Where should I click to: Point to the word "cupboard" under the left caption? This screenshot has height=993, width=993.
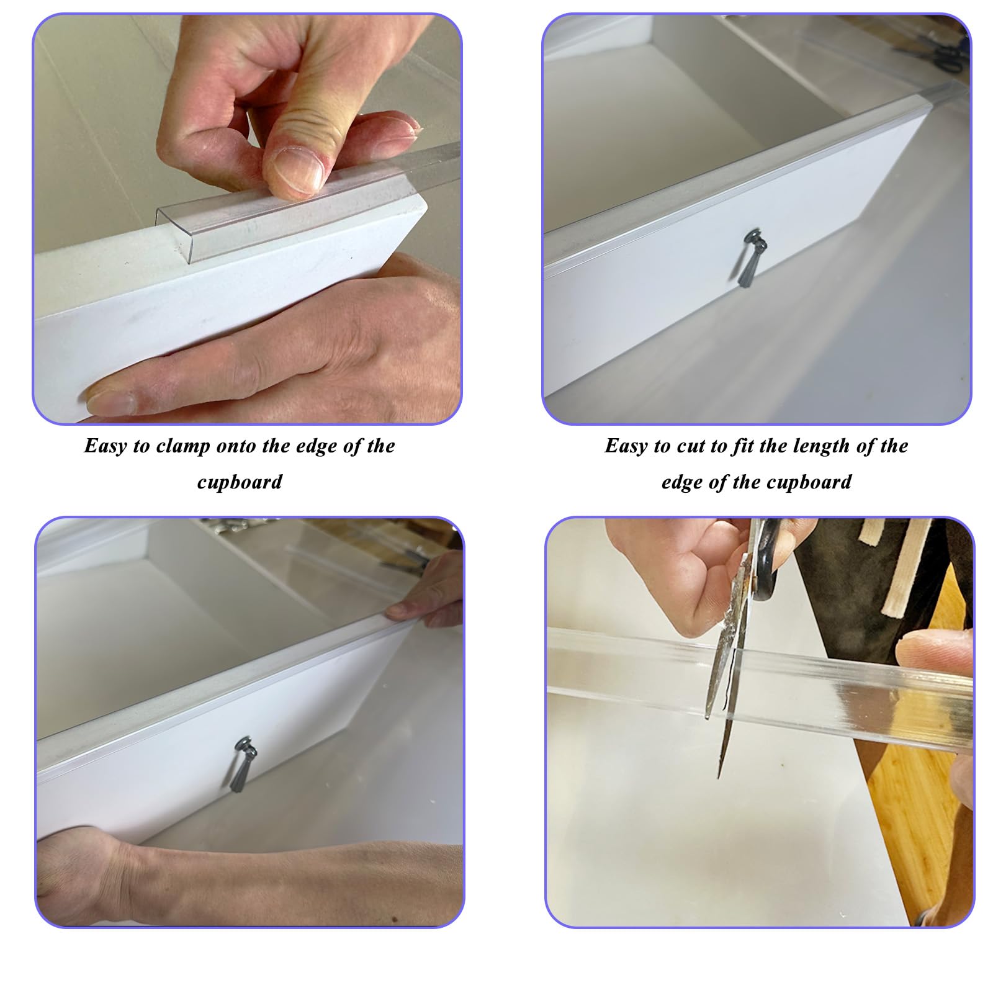240,482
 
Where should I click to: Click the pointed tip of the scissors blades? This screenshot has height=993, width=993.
721,776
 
